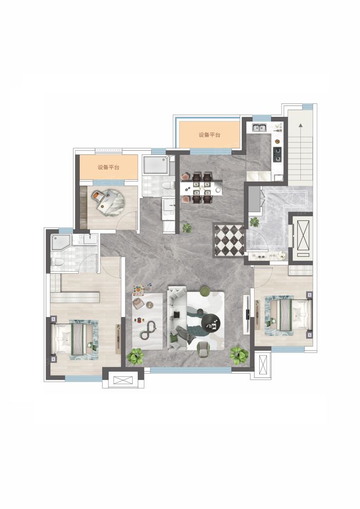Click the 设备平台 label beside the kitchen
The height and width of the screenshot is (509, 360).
209,135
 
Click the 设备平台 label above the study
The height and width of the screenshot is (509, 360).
109,167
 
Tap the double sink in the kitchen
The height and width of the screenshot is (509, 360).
260,128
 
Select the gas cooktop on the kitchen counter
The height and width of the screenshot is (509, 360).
277,154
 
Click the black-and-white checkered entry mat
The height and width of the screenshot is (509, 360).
229,240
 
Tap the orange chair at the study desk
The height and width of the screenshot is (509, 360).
97,196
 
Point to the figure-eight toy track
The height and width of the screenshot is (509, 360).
148,330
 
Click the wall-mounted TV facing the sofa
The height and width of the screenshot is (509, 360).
247,314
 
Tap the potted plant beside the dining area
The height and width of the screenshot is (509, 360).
187,228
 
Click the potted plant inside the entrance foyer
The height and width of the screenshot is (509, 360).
255,222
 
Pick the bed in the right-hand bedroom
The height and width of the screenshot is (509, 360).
287,315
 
